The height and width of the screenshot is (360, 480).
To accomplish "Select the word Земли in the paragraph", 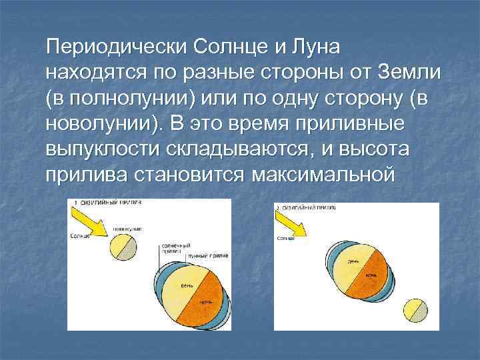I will [409, 71].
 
